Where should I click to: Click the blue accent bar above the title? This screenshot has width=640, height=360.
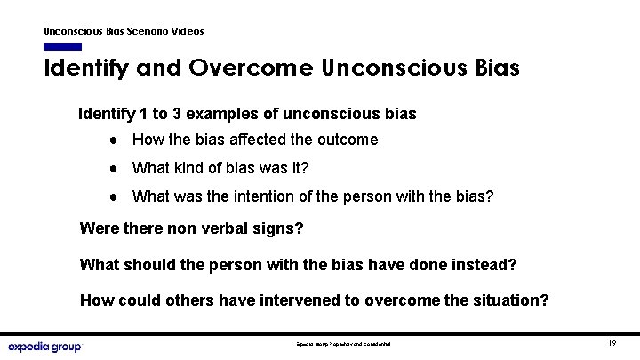coord(62,46)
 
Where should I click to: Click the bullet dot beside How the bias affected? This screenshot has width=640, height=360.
coord(116,140)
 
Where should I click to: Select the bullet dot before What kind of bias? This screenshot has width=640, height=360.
coord(116,169)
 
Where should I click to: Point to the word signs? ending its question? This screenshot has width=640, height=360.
coord(282,229)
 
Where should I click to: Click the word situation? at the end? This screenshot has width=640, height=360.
coord(512,300)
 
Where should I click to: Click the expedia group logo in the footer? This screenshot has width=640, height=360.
coord(44,346)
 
